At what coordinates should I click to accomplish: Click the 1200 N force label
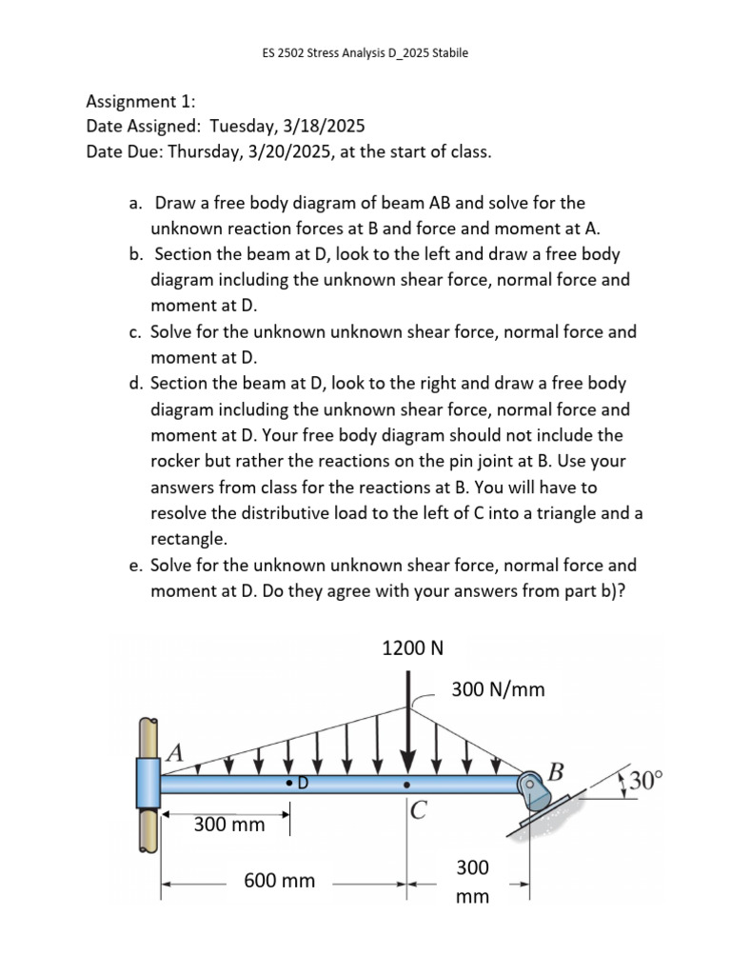coord(412,648)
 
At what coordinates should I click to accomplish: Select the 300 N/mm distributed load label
coord(498,689)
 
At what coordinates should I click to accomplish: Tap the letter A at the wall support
coord(174,751)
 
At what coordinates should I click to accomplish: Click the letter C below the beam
coord(419,812)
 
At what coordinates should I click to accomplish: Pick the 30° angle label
coord(643,782)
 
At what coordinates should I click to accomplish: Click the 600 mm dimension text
coord(279,881)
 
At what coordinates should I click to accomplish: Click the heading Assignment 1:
coord(141,101)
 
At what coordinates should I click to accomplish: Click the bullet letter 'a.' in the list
coord(135,203)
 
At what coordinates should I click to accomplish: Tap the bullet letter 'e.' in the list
coord(135,565)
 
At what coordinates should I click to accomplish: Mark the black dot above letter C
coord(407,786)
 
